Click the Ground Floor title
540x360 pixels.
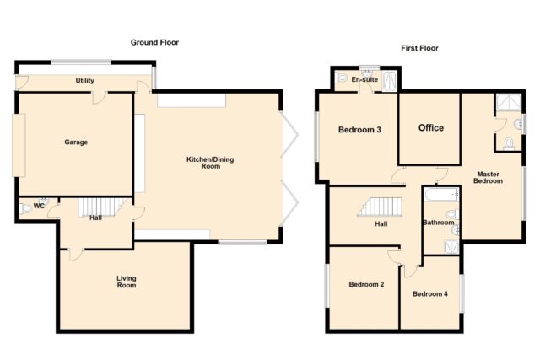(x=154, y=42)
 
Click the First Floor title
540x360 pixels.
(x=419, y=48)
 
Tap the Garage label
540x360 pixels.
(x=76, y=142)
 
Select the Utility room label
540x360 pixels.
(x=84, y=81)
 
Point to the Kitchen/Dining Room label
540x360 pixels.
(x=210, y=163)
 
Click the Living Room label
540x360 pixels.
(x=127, y=282)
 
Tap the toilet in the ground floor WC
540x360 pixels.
(x=25, y=208)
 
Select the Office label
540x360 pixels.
(x=431, y=127)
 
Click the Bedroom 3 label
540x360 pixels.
(x=359, y=130)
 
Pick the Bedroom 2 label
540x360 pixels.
(x=366, y=284)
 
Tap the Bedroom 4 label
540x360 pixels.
(x=430, y=293)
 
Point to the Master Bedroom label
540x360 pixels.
(x=488, y=177)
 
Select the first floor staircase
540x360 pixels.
(x=380, y=207)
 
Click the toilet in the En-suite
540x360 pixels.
(x=342, y=78)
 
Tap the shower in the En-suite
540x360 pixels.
(x=390, y=81)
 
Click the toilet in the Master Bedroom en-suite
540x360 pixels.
(x=509, y=144)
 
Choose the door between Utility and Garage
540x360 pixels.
(x=99, y=98)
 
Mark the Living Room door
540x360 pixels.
(x=76, y=254)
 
